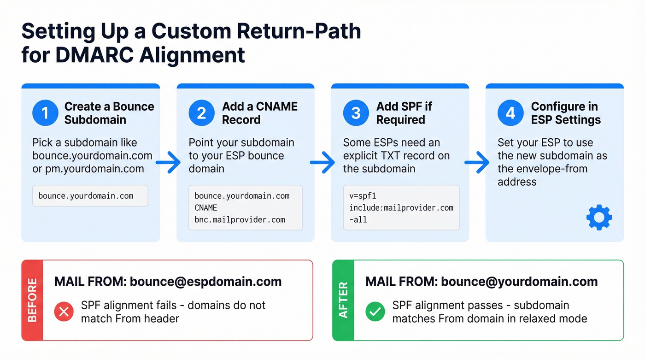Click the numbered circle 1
coord(45,113)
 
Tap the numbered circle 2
coord(201,113)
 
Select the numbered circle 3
coord(356,113)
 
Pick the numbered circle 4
coord(510,113)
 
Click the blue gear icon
coord(599,218)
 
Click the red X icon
coord(64,312)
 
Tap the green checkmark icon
coord(375,312)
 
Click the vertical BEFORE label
coord(32,300)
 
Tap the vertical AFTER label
coord(343,300)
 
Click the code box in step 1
coord(90,196)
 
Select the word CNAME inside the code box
coord(206,208)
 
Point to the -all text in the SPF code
coord(358,220)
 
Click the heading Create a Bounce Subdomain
coord(109,113)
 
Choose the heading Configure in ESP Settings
coord(566,113)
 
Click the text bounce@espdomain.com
coord(205,282)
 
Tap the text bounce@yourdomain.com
coord(519,282)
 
